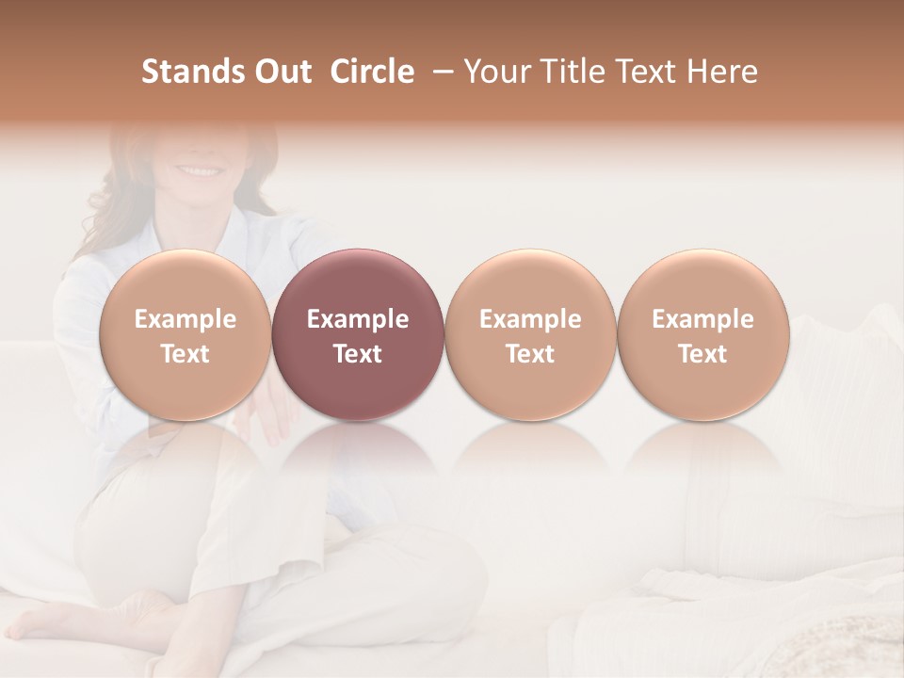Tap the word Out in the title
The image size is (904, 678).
click(x=281, y=72)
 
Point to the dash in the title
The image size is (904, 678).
click(x=439, y=72)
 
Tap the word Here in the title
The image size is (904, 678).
click(x=722, y=72)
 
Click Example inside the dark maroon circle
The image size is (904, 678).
click(x=358, y=319)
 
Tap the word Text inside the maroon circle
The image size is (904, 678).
click(x=358, y=354)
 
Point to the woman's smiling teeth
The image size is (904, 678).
click(x=198, y=171)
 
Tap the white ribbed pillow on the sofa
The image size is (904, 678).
click(x=829, y=395)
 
